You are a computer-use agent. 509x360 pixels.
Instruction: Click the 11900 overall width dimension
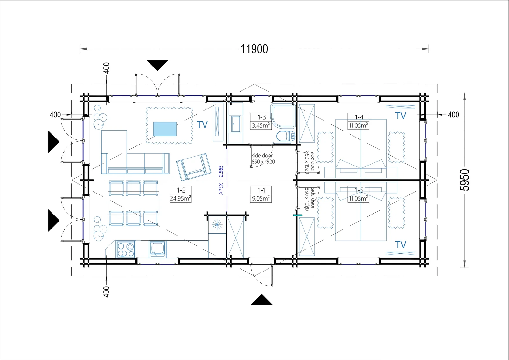coord(254,49)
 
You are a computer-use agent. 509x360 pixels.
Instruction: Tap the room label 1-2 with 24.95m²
coord(181,194)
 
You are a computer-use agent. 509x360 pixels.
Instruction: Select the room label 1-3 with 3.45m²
coord(261,121)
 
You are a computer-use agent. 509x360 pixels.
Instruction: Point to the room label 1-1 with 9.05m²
coord(261,194)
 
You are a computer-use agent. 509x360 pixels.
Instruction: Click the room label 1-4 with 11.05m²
coord(359,121)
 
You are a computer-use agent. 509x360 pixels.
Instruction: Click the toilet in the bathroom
coord(285,137)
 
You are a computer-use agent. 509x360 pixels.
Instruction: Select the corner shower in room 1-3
coord(283,116)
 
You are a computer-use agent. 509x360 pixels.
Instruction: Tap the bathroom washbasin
coord(235,124)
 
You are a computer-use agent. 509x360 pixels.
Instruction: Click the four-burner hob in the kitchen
coord(126,250)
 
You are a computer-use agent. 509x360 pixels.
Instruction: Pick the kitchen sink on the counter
coord(157,250)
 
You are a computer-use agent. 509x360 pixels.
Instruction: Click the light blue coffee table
coord(165,129)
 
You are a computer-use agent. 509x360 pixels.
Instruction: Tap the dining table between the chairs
coord(133,203)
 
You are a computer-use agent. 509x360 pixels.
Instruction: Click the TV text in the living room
coord(202,125)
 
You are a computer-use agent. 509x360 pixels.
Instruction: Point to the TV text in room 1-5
coord(401,245)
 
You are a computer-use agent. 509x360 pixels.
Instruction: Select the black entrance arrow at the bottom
coord(261,300)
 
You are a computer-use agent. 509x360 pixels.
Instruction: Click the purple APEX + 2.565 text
coord(221,180)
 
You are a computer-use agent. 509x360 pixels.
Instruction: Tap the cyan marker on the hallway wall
coord(297,215)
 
